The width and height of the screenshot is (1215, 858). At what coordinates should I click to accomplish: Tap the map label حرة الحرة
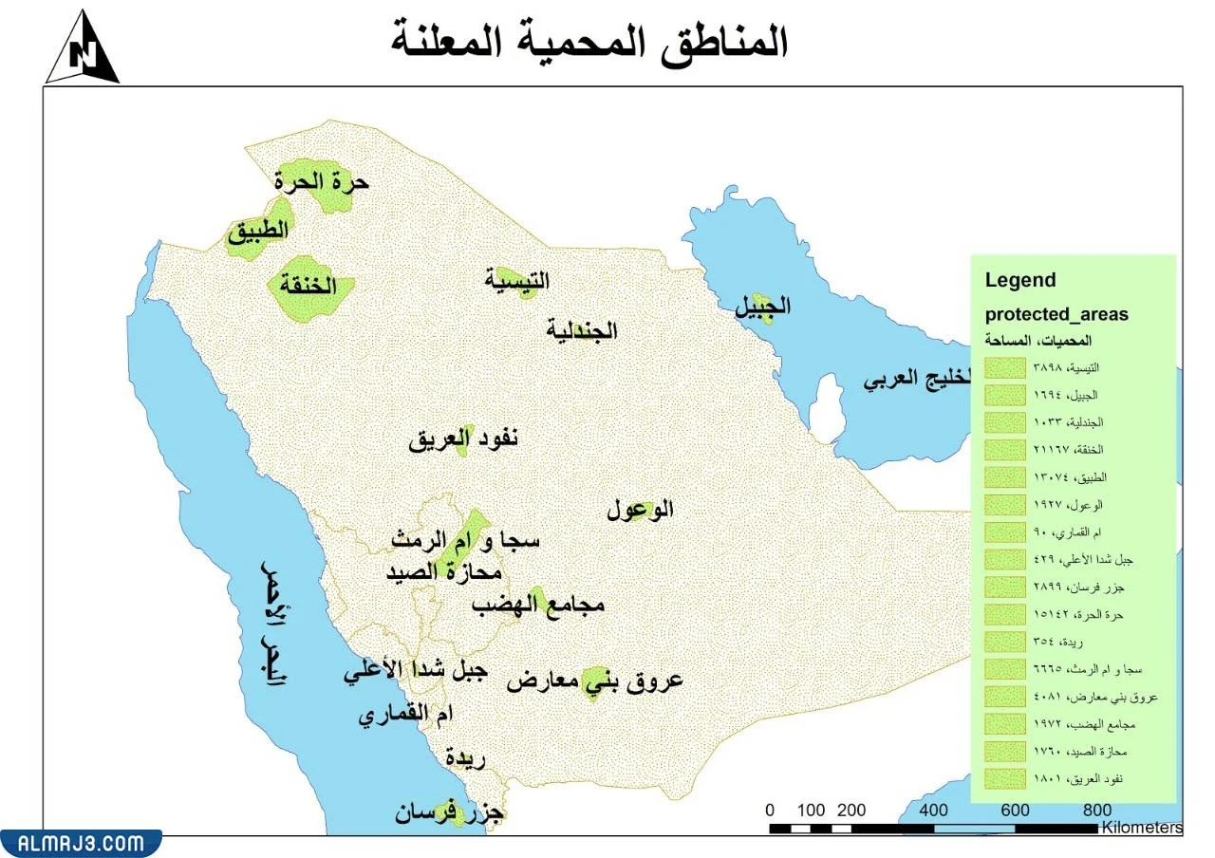pyautogui.click(x=322, y=180)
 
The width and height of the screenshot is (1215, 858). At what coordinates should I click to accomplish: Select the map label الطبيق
pyautogui.click(x=257, y=232)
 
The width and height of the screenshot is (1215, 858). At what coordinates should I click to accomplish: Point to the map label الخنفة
pyautogui.click(x=309, y=286)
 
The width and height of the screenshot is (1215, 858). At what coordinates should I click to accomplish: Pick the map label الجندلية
pyautogui.click(x=582, y=330)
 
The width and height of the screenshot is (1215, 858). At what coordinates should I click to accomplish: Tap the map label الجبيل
pyautogui.click(x=763, y=307)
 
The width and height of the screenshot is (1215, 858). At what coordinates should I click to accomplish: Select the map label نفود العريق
pyautogui.click(x=464, y=439)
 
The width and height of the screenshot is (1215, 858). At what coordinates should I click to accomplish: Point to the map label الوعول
pyautogui.click(x=641, y=510)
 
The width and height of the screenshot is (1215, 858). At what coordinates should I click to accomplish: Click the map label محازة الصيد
pyautogui.click(x=443, y=572)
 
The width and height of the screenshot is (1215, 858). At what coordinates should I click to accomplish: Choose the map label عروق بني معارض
pyautogui.click(x=594, y=681)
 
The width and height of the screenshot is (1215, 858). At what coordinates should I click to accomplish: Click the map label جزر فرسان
pyautogui.click(x=451, y=813)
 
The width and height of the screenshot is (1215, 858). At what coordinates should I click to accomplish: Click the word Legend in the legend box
pyautogui.click(x=1019, y=280)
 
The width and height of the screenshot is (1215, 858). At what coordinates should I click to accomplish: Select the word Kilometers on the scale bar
pyautogui.click(x=1142, y=828)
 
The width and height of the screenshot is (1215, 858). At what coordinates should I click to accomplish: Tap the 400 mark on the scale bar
pyautogui.click(x=934, y=810)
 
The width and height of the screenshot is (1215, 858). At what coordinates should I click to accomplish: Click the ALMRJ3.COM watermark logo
pyautogui.click(x=80, y=843)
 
